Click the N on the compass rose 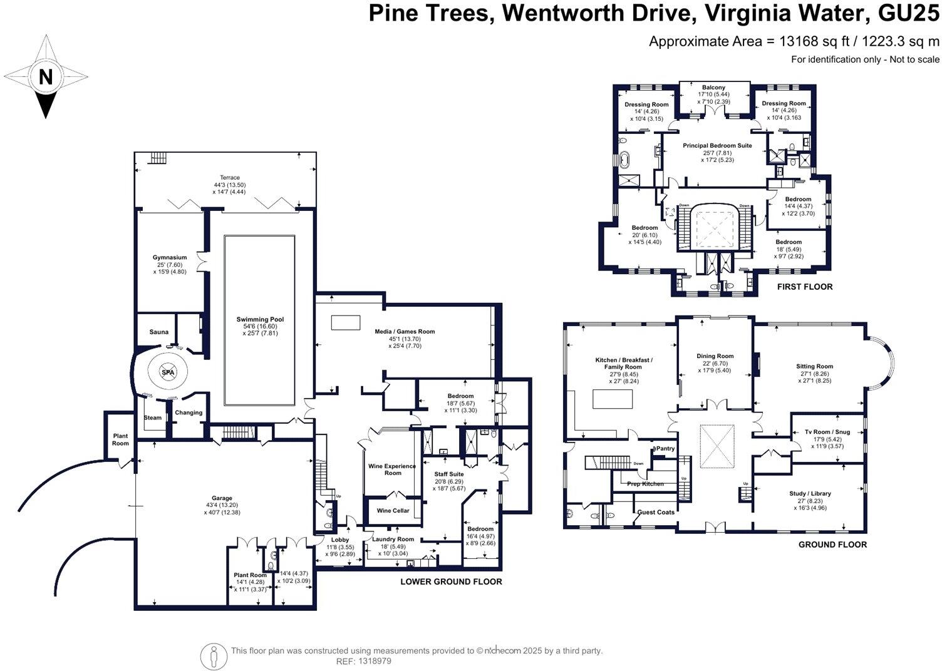(x=45, y=77)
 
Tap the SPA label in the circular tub (x=168, y=372)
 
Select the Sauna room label (x=158, y=332)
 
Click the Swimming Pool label (x=260, y=320)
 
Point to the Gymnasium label (x=170, y=257)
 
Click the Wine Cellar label (x=393, y=511)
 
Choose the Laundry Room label (x=393, y=539)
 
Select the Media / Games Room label (x=405, y=332)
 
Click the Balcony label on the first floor (x=713, y=88)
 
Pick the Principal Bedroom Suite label (x=717, y=146)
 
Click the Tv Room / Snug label (x=827, y=432)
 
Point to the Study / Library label (x=810, y=493)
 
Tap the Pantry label (x=665, y=449)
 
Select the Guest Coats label (x=656, y=512)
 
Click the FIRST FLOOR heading (x=804, y=287)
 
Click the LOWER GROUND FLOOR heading (x=451, y=581)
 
